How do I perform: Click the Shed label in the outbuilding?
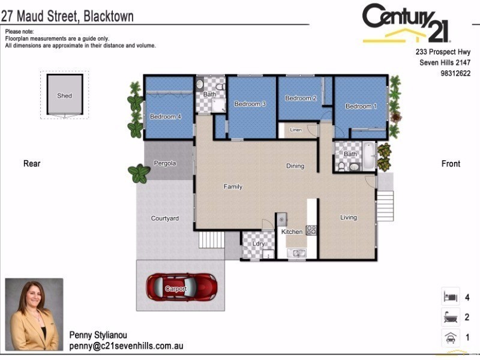(x=64, y=96)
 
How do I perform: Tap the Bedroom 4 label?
(x=166, y=116)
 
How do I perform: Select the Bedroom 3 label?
(x=250, y=104)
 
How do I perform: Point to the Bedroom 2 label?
(x=301, y=98)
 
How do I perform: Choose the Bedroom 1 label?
(x=361, y=106)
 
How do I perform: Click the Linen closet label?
(x=296, y=130)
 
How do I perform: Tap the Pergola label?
(x=165, y=163)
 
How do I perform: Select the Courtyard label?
(x=165, y=218)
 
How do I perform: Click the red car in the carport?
(x=182, y=287)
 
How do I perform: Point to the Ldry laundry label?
(x=259, y=244)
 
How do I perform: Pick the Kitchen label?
(x=292, y=232)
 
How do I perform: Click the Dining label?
(x=295, y=166)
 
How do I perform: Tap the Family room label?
(x=233, y=187)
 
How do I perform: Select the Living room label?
(x=349, y=217)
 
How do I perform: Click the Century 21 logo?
(x=406, y=24)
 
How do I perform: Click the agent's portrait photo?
(x=34, y=314)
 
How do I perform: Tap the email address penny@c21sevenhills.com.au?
(x=126, y=346)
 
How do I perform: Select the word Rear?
(x=32, y=163)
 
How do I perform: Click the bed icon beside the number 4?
(x=449, y=297)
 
